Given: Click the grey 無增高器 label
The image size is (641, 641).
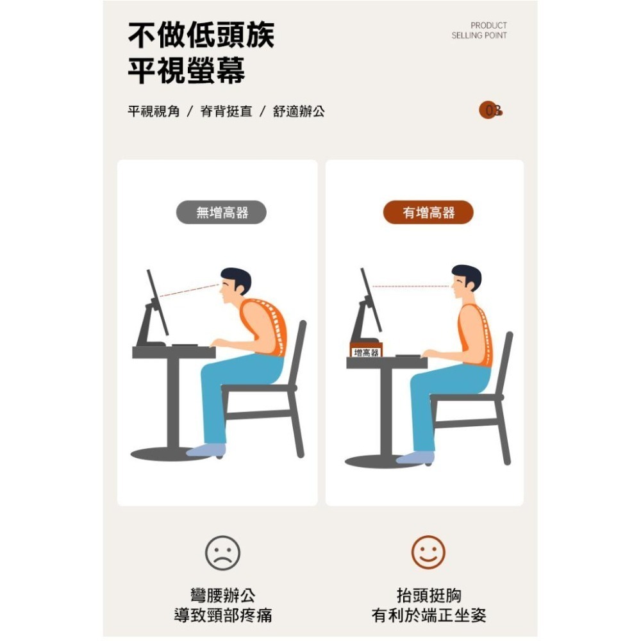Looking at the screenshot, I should click(x=221, y=213).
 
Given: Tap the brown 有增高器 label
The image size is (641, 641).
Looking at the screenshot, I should click(x=428, y=213).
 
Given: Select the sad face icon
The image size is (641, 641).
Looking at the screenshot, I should click(x=222, y=553).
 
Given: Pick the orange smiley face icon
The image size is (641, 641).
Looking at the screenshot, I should click(x=428, y=553).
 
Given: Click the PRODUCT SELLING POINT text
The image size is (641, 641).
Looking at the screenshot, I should click(x=479, y=31).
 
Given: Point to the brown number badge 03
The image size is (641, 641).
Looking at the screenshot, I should click(x=490, y=111).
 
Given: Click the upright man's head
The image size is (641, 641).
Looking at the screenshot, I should click(x=466, y=279).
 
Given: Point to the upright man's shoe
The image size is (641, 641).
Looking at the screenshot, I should click(x=415, y=457).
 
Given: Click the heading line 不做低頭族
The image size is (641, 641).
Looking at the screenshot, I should click(x=201, y=35).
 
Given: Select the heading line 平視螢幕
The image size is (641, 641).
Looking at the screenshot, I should click(x=186, y=71).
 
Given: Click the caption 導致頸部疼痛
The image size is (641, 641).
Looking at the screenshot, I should click(x=222, y=616).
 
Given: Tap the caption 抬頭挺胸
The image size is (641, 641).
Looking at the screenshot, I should click(x=429, y=595).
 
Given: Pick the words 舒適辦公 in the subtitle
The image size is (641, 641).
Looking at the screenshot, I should click(x=299, y=112).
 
